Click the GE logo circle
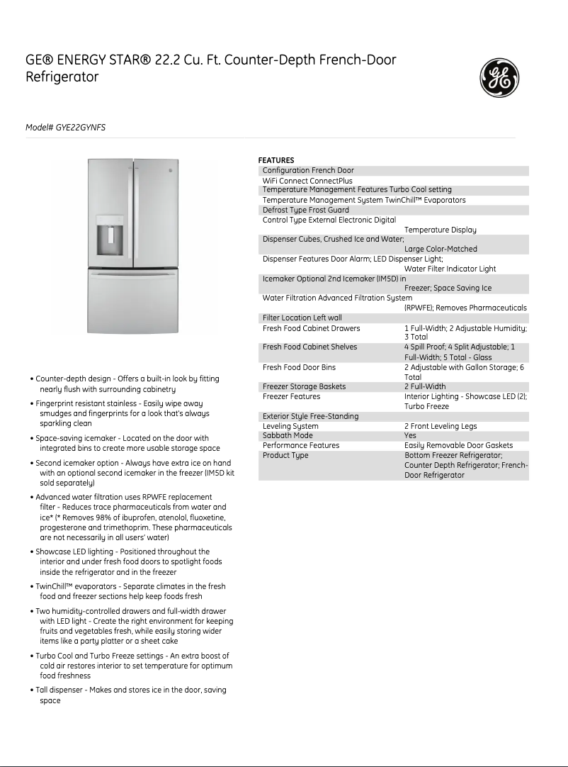tap(500, 77)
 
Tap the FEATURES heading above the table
tap(276, 160)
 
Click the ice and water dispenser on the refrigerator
tap(110, 238)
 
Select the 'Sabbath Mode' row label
tap(288, 436)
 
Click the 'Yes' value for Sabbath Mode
tap(410, 436)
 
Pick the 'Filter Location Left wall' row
tap(302, 318)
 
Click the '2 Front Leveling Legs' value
tap(440, 426)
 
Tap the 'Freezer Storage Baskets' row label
tap(304, 386)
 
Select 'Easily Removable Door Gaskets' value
tap(458, 445)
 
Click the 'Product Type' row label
tap(285, 455)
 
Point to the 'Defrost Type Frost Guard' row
tap(305, 210)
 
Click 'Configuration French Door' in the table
tap(308, 170)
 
